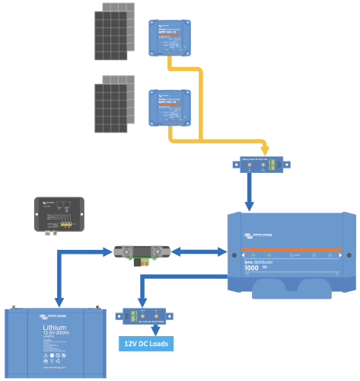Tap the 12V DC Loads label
tap(145, 344)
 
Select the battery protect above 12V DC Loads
tap(145, 315)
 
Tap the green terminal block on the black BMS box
tap(67, 223)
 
